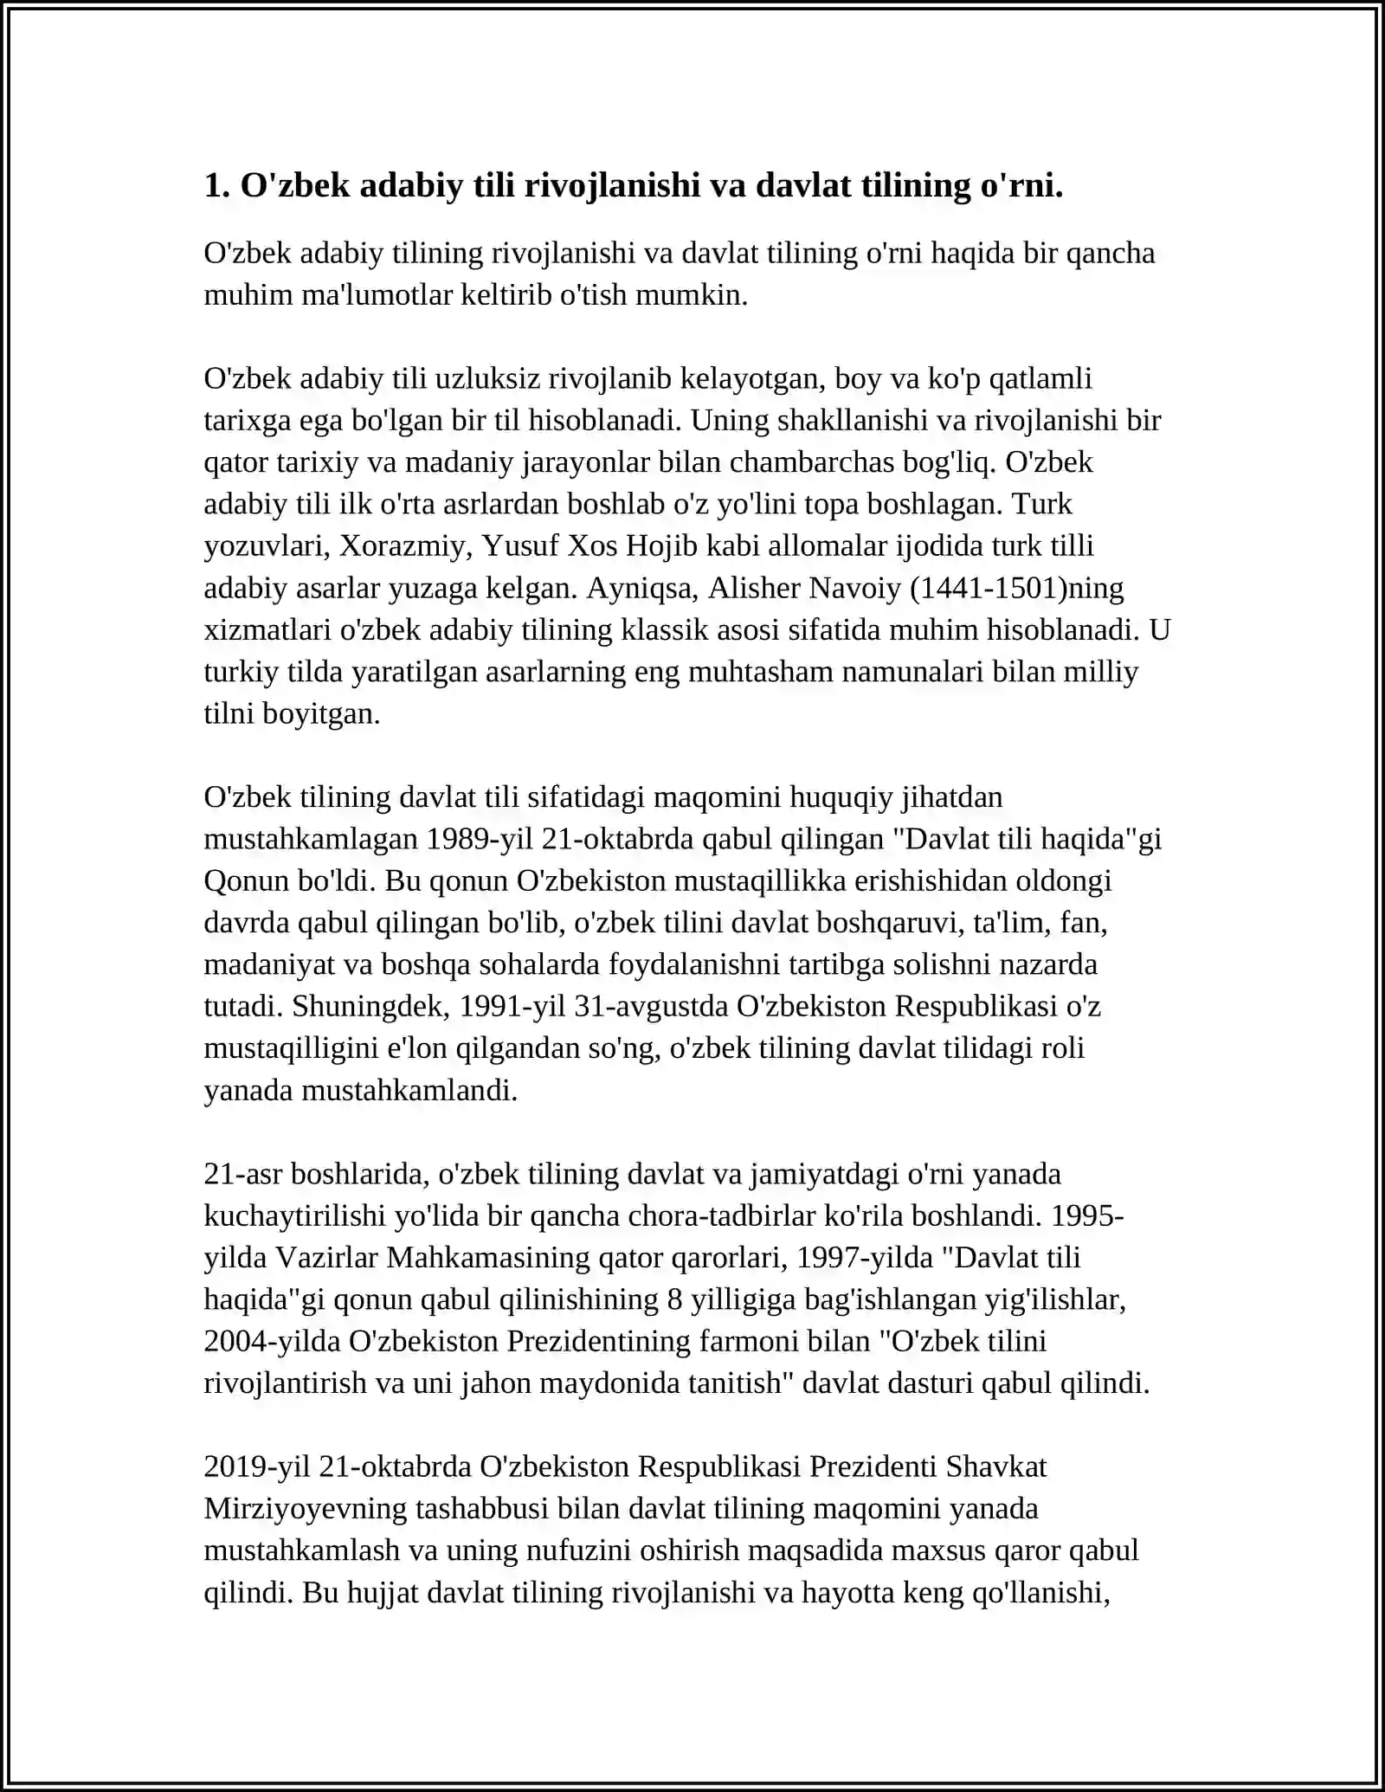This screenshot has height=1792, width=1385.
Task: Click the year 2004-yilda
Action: tap(272, 1342)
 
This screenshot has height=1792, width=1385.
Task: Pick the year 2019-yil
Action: tap(258, 1467)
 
